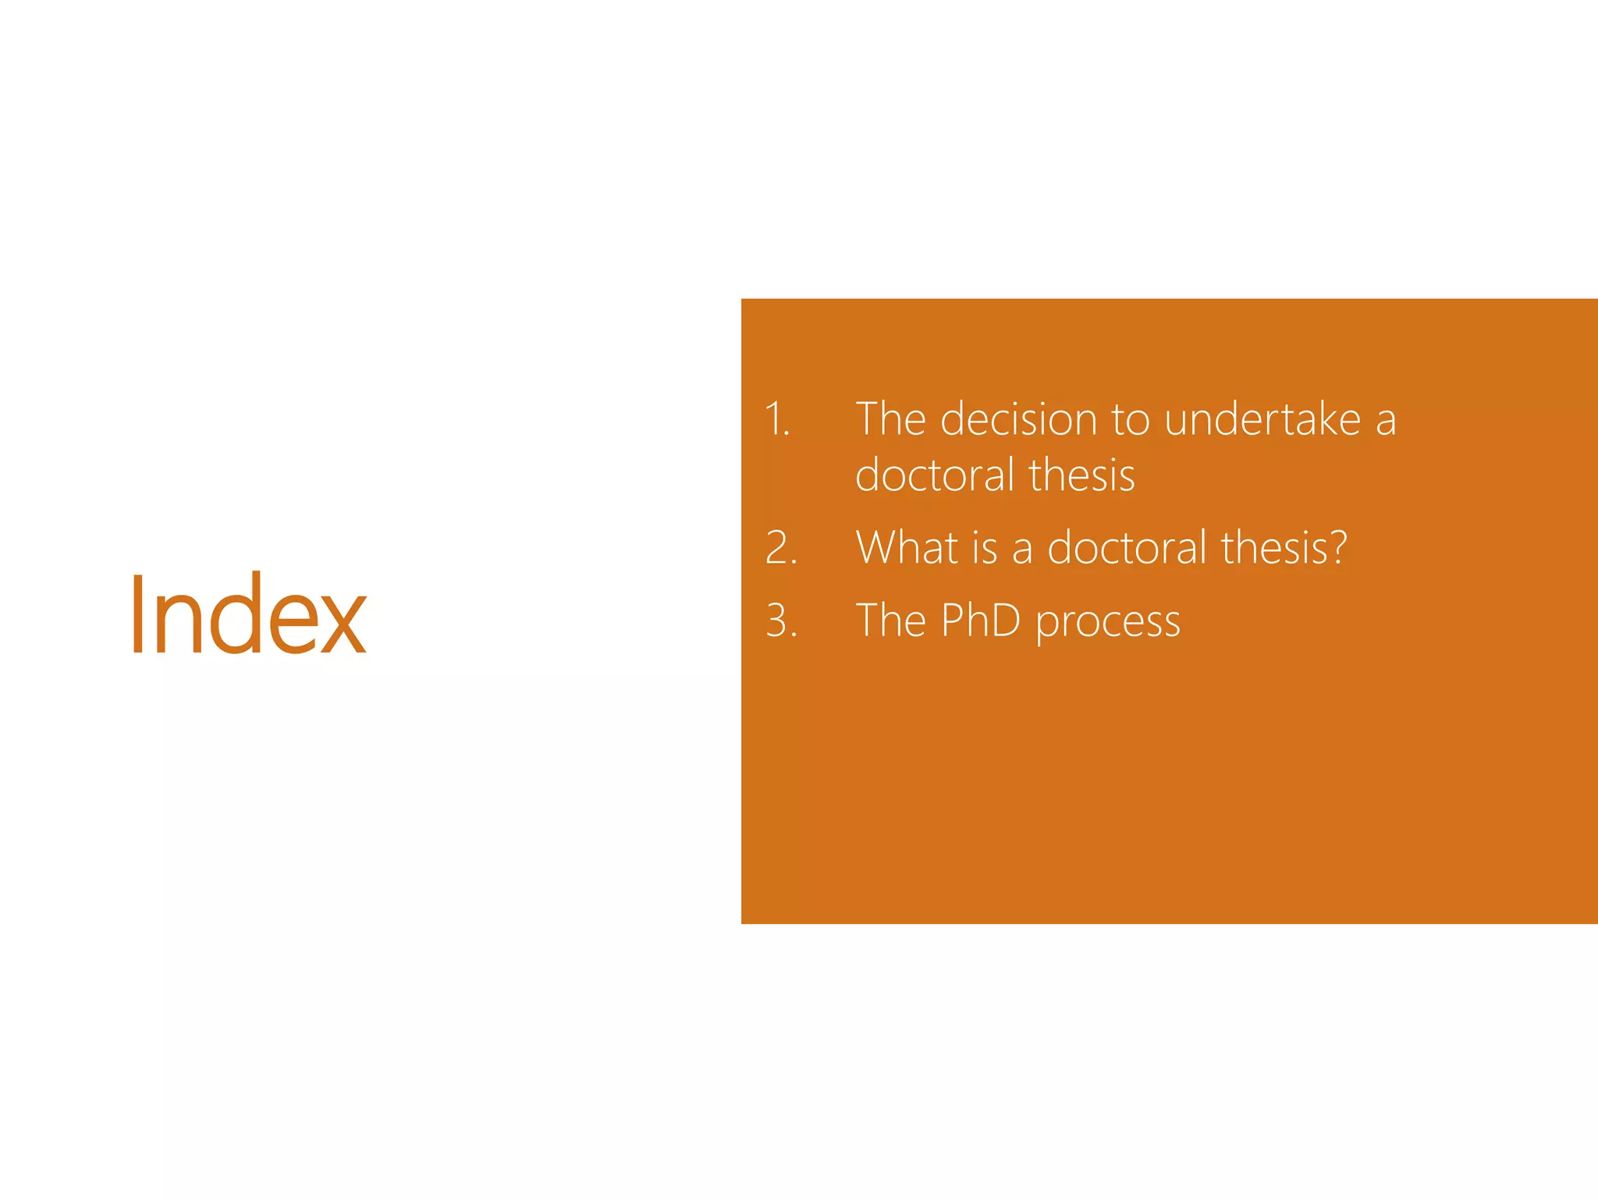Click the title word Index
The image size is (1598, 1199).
[247, 614]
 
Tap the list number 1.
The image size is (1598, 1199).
[776, 419]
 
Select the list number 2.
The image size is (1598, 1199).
[780, 547]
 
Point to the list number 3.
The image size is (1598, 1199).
[780, 621]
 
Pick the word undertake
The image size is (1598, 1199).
[1262, 419]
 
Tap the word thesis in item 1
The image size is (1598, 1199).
[1081, 475]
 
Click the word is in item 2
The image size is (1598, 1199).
[985, 547]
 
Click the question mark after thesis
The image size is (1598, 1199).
[1338, 547]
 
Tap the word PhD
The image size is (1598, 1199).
[980, 621]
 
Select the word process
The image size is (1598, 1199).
[1107, 624]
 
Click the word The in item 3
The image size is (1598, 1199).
[890, 621]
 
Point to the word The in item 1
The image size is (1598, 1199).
[890, 419]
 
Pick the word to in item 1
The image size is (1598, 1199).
[1130, 421]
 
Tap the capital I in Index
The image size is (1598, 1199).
[137, 614]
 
